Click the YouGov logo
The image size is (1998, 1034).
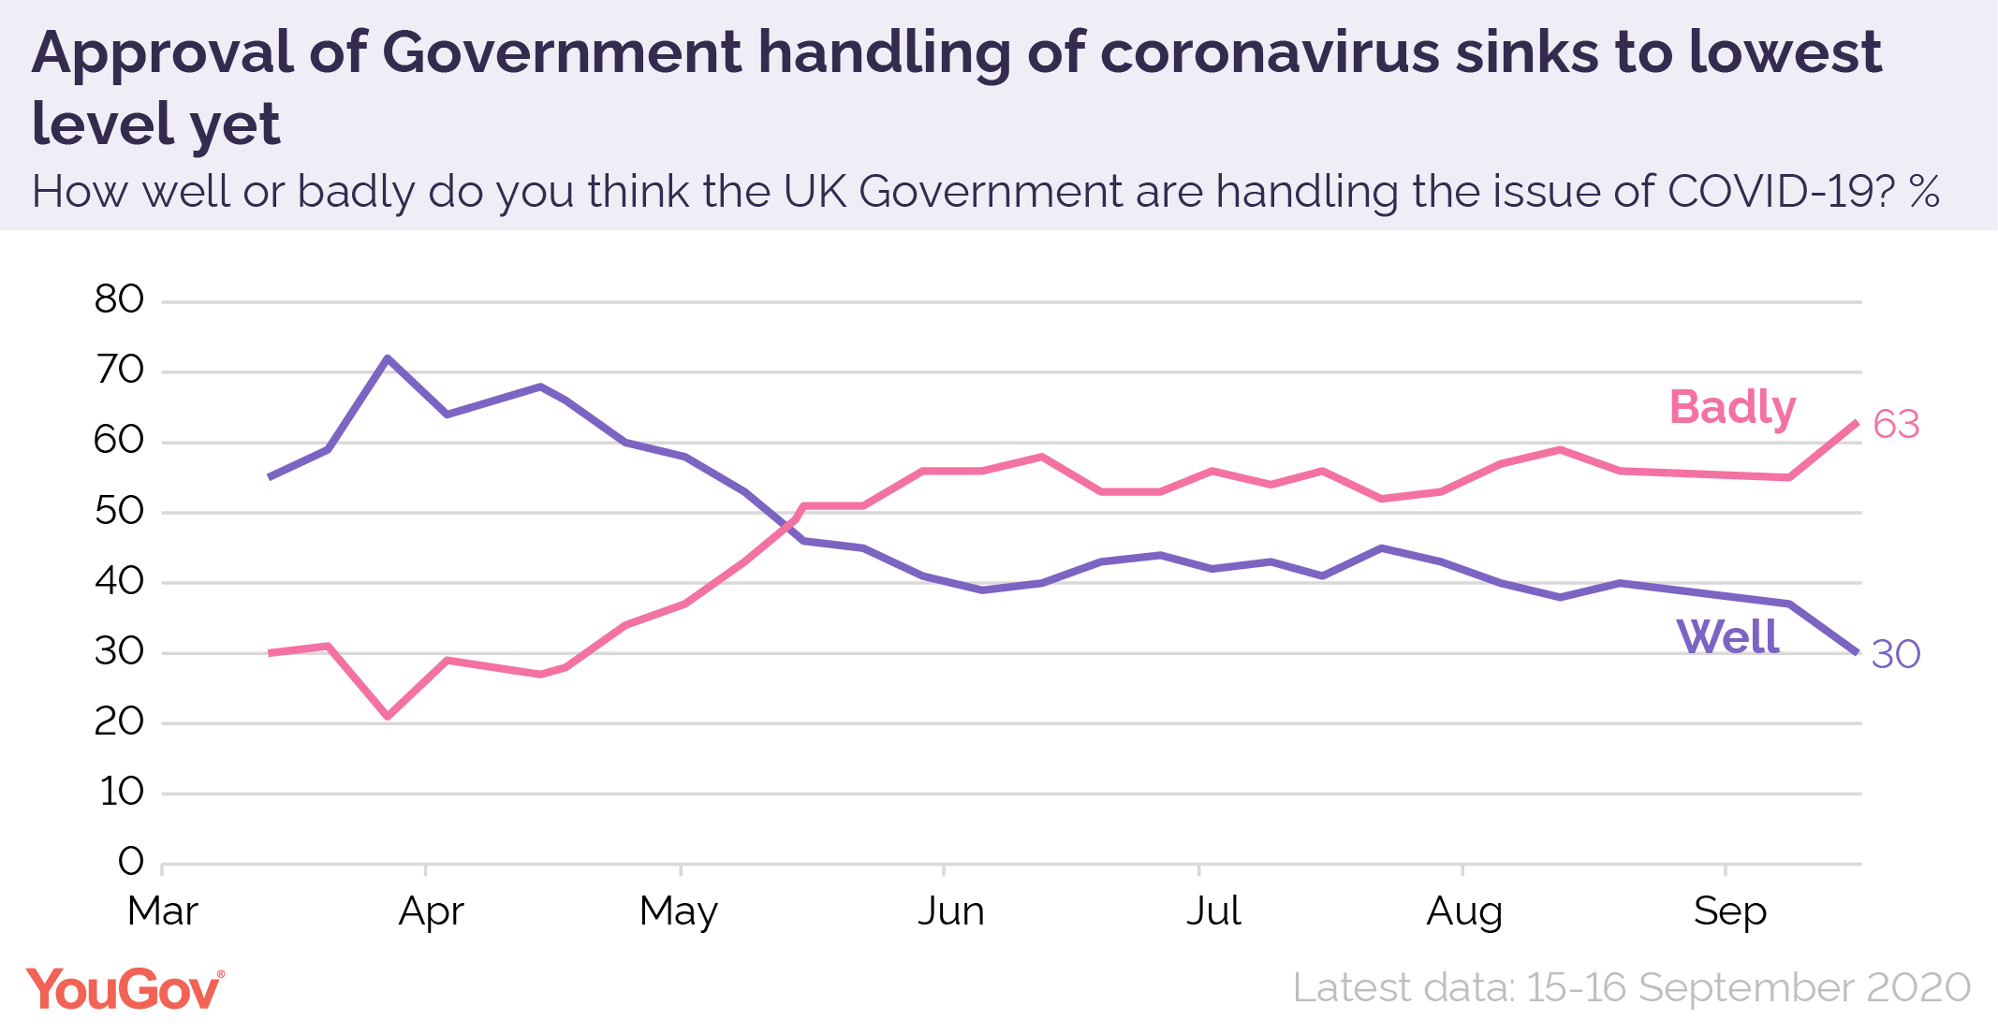[x=125, y=989]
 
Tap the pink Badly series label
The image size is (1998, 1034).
[x=1732, y=408]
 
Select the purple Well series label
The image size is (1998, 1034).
[x=1727, y=637]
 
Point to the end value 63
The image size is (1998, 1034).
[x=1896, y=425]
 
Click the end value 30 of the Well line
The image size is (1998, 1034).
[x=1896, y=654]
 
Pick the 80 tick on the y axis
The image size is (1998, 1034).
[x=120, y=299]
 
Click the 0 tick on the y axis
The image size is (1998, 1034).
[x=131, y=861]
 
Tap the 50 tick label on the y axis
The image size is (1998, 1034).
[x=120, y=511]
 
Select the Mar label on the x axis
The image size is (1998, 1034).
[x=163, y=910]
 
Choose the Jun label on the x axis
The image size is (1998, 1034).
[x=950, y=910]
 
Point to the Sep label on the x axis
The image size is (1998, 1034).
[x=1729, y=910]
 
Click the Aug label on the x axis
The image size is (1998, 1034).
[x=1464, y=910]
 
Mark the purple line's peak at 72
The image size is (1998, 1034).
[x=388, y=357]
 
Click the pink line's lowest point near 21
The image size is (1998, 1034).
[x=388, y=717]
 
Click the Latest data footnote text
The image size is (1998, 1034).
[x=1631, y=988]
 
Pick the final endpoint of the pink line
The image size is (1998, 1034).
[x=1857, y=422]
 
